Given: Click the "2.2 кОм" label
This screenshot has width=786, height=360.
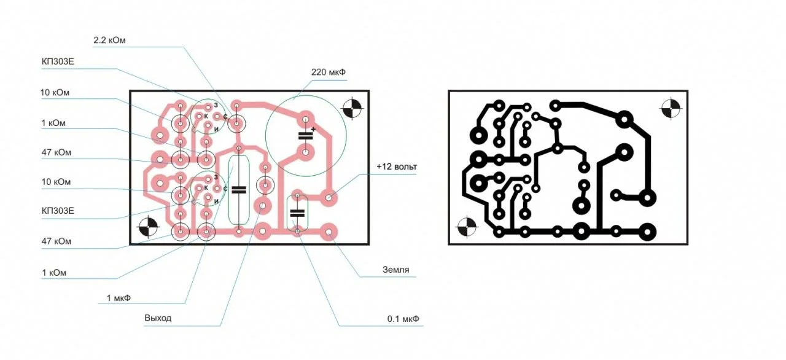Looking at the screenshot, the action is coord(109,41).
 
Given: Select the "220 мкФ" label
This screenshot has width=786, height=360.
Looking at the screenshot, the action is coord(328,72).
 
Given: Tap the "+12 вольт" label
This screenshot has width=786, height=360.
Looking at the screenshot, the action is coord(397,166).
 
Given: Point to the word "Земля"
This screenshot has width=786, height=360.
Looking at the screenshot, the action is coord(395,270).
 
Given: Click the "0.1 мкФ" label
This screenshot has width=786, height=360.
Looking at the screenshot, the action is coord(403,319).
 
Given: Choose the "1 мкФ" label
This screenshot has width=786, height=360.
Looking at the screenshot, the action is coord(119,298).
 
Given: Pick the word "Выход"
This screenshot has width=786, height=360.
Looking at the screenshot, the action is coord(158,318).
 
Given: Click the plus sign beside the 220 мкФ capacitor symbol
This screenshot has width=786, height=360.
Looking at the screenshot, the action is coord(313,130).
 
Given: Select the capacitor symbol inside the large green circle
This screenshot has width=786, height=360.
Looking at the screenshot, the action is coord(305,136).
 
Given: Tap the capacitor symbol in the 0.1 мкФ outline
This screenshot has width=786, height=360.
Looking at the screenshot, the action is coord(297,213).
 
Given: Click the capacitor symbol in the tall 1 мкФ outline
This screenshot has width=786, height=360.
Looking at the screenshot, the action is coord(239,190).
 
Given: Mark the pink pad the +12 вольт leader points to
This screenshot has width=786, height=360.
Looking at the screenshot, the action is coord(329,198).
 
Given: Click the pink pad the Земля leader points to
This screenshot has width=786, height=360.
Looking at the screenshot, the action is coord(329,232).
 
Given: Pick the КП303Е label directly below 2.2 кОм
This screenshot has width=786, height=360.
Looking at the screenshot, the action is coord(58,62).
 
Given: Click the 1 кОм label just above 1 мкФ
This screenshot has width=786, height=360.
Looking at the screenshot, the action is coord(54,273).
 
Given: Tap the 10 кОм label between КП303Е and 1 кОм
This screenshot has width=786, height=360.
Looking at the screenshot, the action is coord(55,93).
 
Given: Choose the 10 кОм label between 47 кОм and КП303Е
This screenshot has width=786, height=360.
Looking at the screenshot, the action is coord(56,182).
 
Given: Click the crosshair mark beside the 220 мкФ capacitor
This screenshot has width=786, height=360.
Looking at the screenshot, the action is coord(352,108).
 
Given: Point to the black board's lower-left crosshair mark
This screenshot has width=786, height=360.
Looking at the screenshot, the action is coord(467,227).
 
